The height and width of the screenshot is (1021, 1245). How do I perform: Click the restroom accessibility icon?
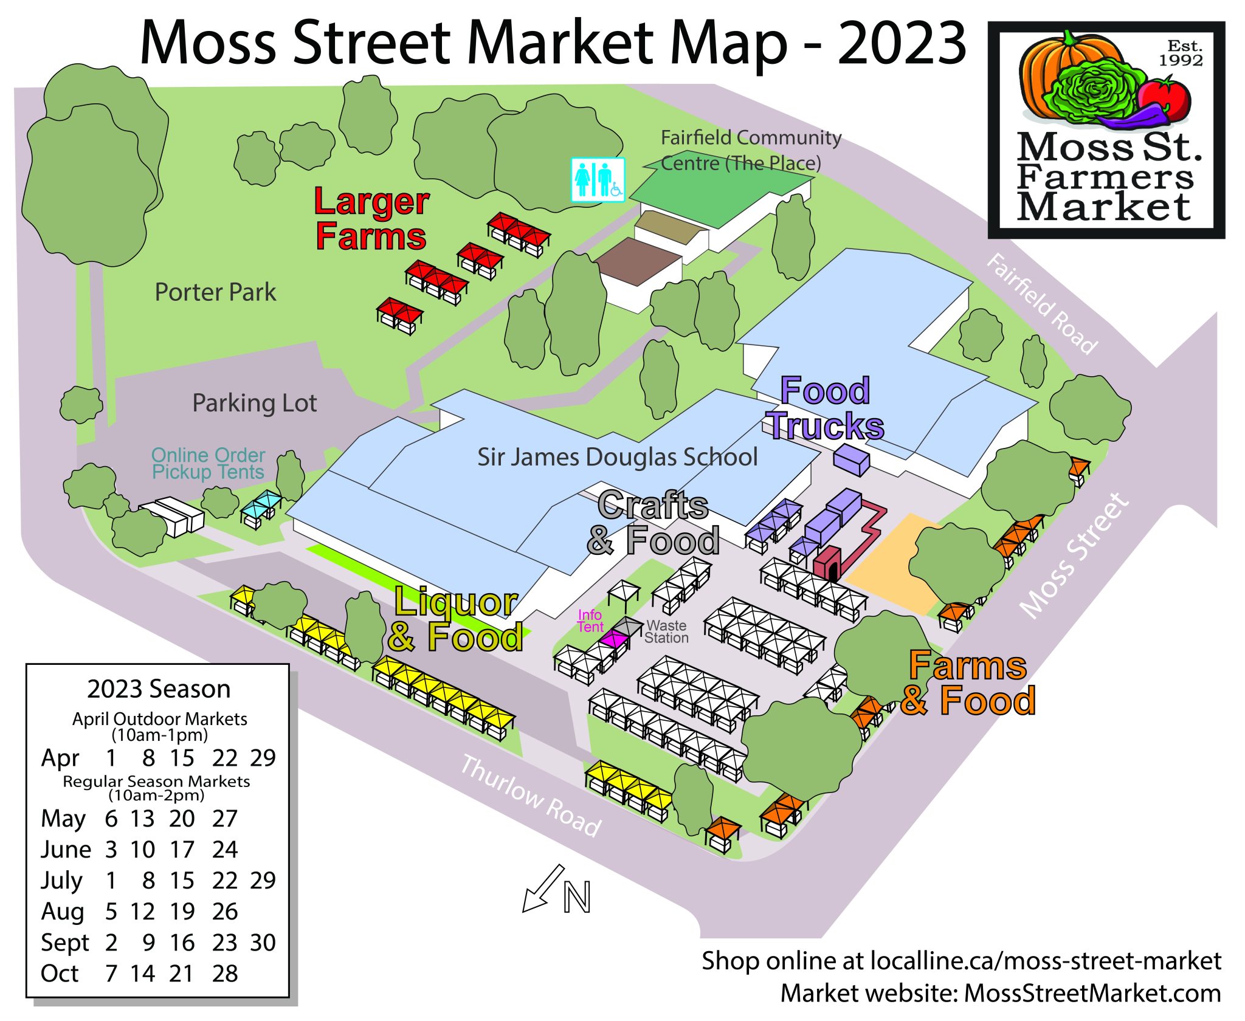tap(598, 179)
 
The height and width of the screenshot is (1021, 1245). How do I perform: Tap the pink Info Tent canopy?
tap(613, 639)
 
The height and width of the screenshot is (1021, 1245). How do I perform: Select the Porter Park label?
tap(215, 292)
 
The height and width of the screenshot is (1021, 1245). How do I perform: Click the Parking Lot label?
tap(254, 403)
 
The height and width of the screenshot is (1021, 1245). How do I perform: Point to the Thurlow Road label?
tap(531, 796)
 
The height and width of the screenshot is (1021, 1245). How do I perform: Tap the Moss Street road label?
tap(1074, 555)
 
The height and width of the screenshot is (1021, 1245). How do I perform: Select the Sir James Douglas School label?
tap(617, 457)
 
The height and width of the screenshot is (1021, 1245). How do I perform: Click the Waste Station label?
tap(666, 631)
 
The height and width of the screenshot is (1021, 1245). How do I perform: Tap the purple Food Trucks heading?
tap(826, 408)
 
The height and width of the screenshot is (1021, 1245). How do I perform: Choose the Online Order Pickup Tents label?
tap(208, 463)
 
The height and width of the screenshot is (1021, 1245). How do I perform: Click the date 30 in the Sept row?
tap(263, 943)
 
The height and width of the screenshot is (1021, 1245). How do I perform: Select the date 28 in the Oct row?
tap(225, 974)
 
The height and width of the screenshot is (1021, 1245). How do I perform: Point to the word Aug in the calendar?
tap(62, 912)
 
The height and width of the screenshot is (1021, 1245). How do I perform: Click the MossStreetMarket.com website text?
tap(1092, 993)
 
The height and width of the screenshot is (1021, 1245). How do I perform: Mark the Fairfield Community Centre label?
tap(750, 150)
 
